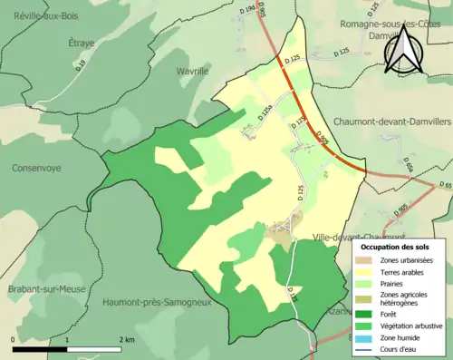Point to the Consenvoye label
click(43, 169)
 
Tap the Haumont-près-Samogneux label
click(157, 302)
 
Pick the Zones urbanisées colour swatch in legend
click(366, 261)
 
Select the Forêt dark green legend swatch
click(366, 315)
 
